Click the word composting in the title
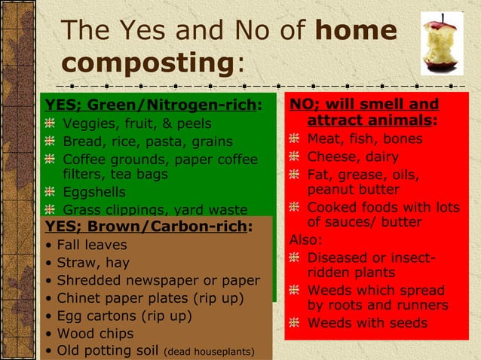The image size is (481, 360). (149, 63)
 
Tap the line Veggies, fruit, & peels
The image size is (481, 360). (136, 124)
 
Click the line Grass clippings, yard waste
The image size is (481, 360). (155, 210)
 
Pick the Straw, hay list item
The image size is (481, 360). (90, 263)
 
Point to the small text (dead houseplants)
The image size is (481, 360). (210, 352)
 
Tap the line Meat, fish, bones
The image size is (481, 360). (365, 139)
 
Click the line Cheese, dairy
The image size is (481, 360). (353, 157)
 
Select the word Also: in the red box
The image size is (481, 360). (307, 240)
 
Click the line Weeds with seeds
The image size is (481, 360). (367, 323)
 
